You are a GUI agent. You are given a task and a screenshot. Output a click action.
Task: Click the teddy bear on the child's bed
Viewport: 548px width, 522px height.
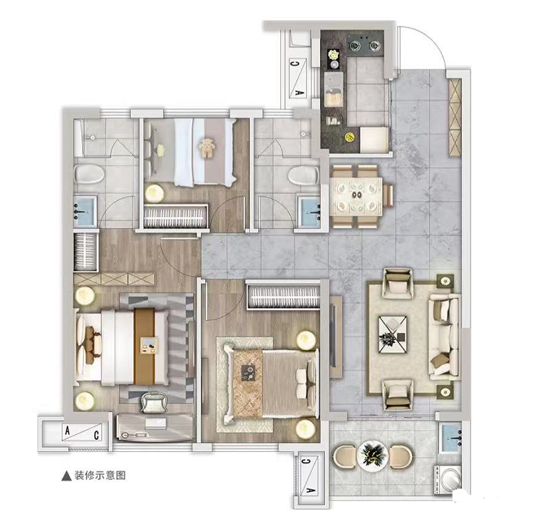tap(207, 148)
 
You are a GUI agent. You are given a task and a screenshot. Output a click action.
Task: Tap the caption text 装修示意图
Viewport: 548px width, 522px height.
tap(100, 476)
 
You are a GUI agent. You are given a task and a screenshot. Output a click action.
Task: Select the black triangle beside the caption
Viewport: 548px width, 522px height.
tap(67, 476)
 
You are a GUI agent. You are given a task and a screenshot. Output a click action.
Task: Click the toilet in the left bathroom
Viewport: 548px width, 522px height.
tap(89, 173)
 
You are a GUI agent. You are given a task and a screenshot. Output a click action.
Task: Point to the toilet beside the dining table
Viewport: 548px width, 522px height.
tap(304, 174)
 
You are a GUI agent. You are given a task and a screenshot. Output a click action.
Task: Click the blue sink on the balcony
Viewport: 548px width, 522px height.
tap(450, 438)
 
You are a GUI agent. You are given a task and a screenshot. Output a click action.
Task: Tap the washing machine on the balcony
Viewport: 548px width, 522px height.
tap(448, 480)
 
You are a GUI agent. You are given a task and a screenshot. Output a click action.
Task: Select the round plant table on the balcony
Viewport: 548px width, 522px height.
tap(373, 456)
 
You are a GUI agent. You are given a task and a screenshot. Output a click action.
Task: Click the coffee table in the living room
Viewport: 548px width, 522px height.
tap(392, 334)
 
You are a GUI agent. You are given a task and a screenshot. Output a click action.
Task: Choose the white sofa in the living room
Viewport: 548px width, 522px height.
tap(444, 336)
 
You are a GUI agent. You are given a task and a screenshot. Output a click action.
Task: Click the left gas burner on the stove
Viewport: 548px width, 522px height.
tap(355, 45)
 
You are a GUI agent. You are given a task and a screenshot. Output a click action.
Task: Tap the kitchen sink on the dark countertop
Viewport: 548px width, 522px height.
tap(333, 90)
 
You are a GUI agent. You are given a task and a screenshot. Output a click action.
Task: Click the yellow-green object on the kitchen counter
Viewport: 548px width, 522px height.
tap(349, 137)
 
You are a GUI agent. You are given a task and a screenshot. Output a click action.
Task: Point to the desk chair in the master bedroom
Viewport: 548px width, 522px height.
tap(153, 402)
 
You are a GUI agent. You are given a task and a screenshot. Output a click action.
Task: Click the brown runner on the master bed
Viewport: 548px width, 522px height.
tap(144, 346)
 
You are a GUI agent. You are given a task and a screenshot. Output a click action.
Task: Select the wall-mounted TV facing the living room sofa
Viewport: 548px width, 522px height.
tap(333, 336)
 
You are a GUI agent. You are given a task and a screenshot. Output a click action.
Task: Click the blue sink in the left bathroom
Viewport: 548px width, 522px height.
tap(85, 210)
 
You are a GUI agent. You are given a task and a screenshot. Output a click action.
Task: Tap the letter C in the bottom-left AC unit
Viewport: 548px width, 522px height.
tap(96, 435)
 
